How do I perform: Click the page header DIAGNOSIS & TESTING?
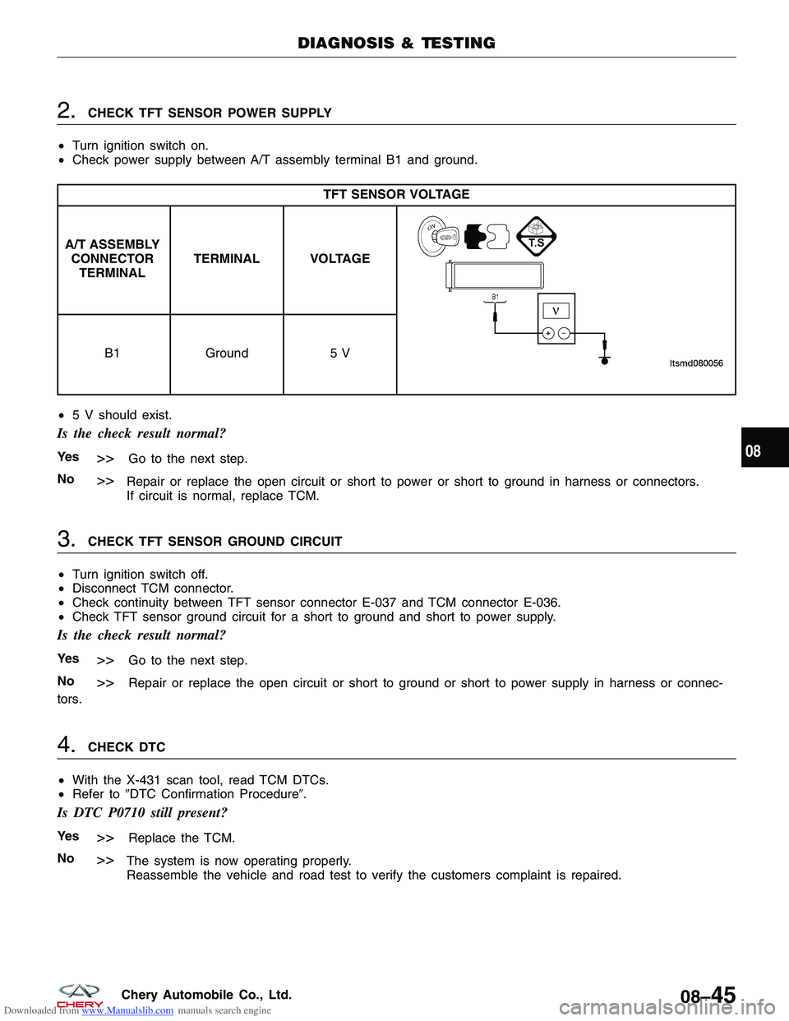point(396,44)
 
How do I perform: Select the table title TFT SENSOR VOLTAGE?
point(396,195)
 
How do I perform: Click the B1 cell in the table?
point(113,353)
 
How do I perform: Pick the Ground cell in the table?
point(227,353)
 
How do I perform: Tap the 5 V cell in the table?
point(339,353)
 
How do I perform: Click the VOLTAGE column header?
point(339,259)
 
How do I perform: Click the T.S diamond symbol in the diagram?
point(537,238)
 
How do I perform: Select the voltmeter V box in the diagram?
point(556,312)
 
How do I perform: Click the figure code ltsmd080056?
point(696,363)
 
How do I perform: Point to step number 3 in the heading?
point(66,539)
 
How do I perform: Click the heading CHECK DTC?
point(127,747)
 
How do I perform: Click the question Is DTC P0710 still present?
point(141,813)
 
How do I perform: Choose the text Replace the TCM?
point(182,839)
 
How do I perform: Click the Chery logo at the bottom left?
point(80,995)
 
